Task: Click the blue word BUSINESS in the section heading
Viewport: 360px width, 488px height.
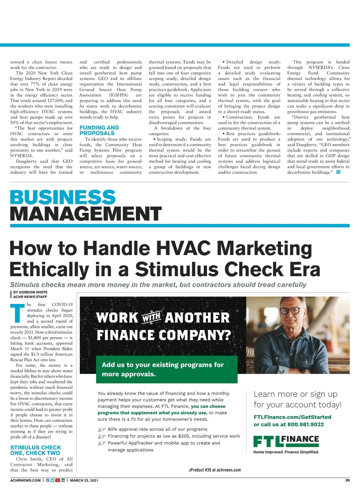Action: point(63,198)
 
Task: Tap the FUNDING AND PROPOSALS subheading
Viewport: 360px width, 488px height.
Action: point(99,130)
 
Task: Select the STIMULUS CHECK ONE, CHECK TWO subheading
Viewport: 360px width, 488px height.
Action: point(35,450)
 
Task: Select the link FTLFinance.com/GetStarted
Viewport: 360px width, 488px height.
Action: point(292,417)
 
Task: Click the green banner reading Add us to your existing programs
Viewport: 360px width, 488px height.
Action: point(166,369)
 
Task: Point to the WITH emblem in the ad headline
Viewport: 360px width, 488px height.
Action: point(151,318)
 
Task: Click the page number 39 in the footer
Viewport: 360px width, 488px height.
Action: point(347,480)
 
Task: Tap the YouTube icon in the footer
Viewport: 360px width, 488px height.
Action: point(58,480)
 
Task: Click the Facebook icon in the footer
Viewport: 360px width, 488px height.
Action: point(48,480)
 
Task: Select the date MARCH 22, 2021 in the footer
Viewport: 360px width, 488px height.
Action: point(84,480)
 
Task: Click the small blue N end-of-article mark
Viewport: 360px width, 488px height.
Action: point(338,172)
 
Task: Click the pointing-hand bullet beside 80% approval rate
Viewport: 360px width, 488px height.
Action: point(102,430)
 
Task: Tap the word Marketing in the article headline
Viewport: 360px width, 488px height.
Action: point(264,248)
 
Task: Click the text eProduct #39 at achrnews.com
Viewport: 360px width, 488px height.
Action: point(214,470)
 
